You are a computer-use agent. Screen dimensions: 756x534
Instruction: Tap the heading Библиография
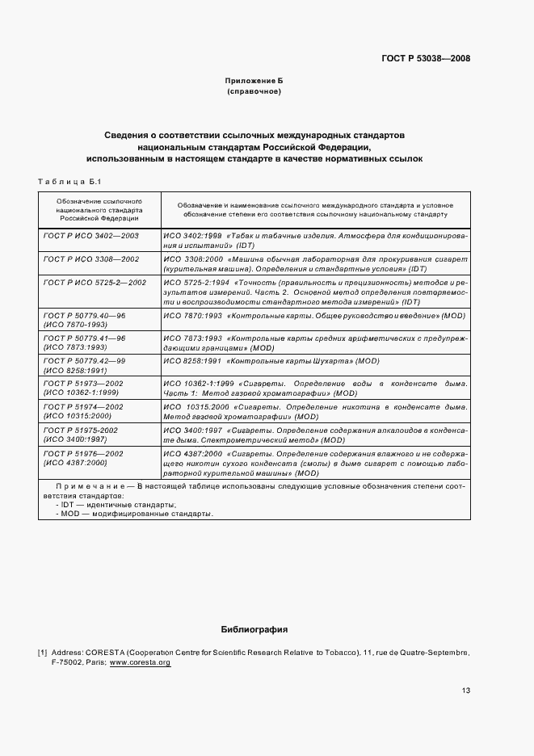click(x=254, y=629)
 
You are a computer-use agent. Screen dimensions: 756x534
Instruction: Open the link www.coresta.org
click(x=140, y=662)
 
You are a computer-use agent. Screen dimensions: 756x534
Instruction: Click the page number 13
click(x=466, y=691)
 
